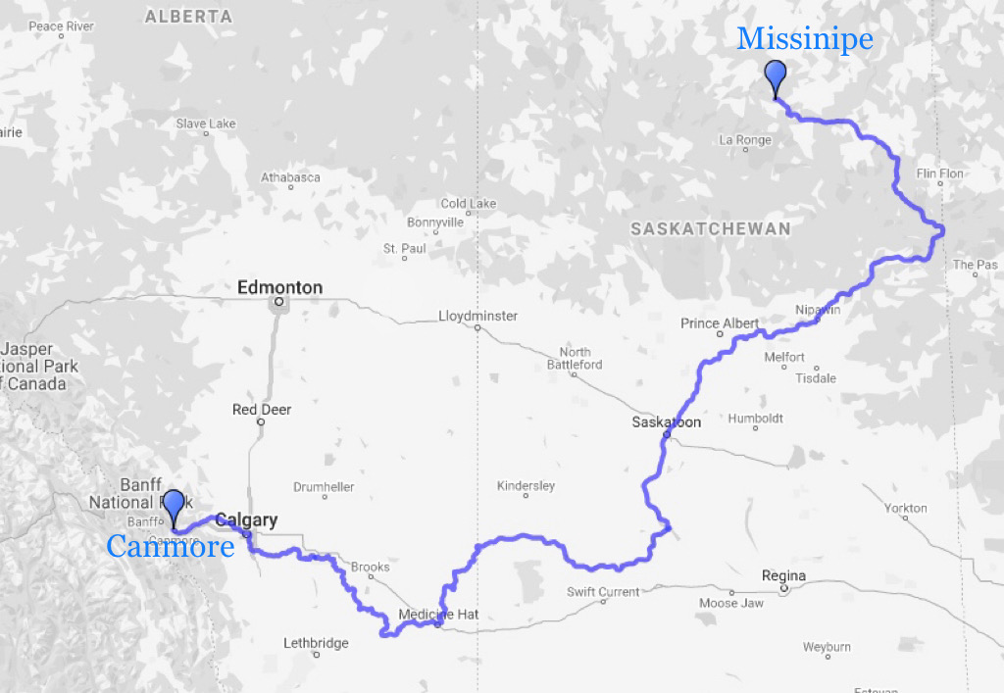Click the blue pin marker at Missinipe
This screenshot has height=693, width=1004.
(x=776, y=76)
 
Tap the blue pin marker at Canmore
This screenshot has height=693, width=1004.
(x=175, y=506)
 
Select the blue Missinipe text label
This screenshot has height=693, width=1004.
(x=804, y=39)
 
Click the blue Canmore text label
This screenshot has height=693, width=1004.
(x=170, y=546)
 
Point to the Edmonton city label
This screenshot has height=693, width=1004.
(x=279, y=287)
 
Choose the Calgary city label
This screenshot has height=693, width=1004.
(x=246, y=520)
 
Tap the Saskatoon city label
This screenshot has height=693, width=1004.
(x=667, y=422)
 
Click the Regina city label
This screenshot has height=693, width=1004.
(x=783, y=575)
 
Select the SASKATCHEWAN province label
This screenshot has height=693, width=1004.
(x=710, y=228)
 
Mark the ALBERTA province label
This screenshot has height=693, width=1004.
(x=188, y=17)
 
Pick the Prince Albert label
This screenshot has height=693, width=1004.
(x=720, y=323)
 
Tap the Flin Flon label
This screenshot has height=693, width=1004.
(x=939, y=173)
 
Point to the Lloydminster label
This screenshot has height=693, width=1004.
(x=478, y=316)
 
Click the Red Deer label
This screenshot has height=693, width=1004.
(x=262, y=409)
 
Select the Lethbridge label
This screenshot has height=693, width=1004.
(x=316, y=643)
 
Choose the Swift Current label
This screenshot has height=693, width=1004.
(x=603, y=591)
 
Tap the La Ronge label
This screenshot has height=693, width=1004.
(x=745, y=140)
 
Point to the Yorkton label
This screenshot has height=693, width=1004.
(x=905, y=508)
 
